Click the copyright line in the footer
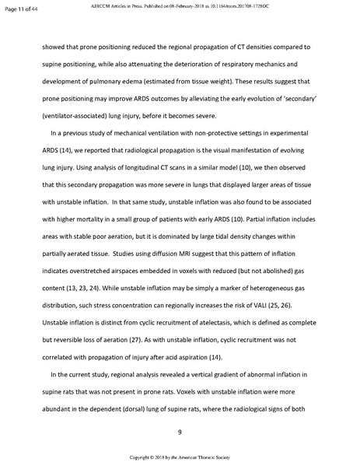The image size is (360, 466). [x=180, y=459]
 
